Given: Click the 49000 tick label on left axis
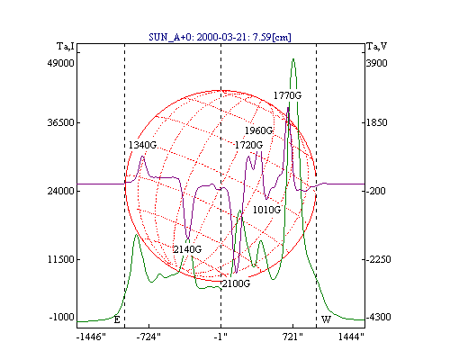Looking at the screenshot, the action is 60,63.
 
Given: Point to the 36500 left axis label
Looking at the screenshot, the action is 60,122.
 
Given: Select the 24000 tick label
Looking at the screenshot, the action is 60,191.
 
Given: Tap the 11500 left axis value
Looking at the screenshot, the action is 60,259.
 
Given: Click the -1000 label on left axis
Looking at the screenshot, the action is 61,317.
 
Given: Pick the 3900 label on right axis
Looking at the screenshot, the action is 377,63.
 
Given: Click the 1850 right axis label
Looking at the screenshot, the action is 377,122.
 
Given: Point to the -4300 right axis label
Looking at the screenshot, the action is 379,317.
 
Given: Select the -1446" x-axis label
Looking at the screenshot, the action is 91,337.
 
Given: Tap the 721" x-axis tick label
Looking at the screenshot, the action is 292,337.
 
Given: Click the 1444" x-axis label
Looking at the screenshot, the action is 351,337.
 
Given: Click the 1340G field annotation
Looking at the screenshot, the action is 142,145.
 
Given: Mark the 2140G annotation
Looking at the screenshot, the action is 187,249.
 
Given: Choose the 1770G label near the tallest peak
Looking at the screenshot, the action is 287,95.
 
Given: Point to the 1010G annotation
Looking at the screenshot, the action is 266,210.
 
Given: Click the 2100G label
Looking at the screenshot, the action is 236,283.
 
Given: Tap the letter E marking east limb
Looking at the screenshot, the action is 117,319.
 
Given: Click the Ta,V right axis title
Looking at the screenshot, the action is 377,46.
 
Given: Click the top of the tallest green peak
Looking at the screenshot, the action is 293,58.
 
